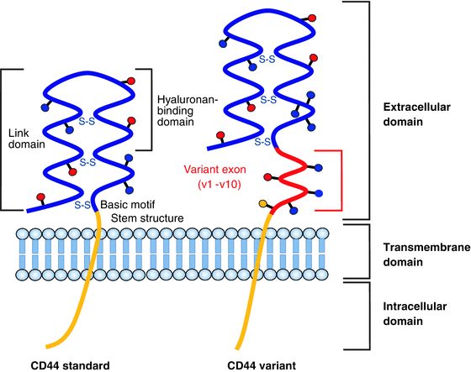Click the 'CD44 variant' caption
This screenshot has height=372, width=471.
pyautogui.click(x=263, y=363)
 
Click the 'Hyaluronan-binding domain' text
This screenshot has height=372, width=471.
pyautogui.click(x=188, y=106)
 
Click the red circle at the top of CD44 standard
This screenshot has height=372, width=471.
pyautogui.click(x=131, y=81)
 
